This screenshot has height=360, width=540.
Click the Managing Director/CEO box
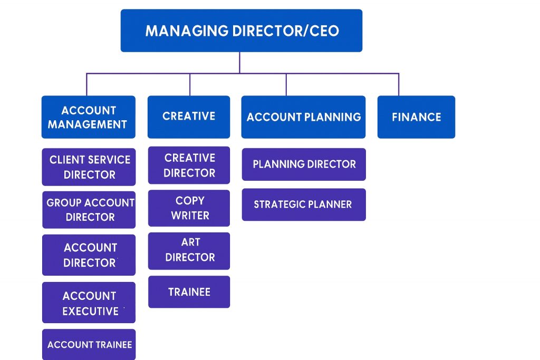241,31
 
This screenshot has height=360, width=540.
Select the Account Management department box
88,117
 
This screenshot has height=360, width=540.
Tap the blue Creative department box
189,116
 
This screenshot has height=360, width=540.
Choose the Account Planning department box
303,117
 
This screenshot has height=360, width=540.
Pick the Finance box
416,117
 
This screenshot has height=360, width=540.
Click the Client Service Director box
89,167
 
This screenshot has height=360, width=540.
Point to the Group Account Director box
89,210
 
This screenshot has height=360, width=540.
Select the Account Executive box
89,303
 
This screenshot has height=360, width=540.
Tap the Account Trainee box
89,345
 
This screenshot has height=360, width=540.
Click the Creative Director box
189,165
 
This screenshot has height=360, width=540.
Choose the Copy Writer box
189,208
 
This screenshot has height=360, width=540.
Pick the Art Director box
189,250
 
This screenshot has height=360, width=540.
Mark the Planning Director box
303,164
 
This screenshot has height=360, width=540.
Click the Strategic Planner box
303,205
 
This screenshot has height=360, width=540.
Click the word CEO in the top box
323,31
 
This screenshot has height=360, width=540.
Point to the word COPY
190,201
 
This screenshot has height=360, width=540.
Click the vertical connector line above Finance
399,84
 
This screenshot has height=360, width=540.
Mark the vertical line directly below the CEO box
239,62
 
